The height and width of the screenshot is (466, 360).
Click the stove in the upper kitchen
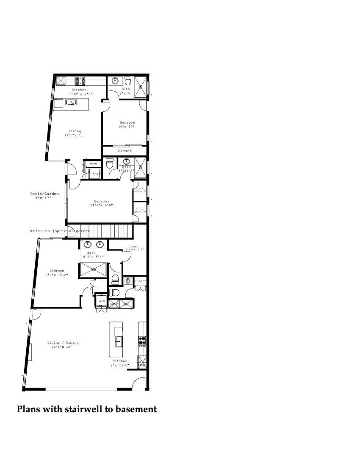(80, 80)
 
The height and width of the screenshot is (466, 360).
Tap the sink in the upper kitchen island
(71, 102)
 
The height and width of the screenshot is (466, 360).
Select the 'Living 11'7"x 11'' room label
(75, 133)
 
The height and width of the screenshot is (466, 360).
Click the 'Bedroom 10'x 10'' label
(127, 125)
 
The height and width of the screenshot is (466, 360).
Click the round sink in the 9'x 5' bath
(115, 80)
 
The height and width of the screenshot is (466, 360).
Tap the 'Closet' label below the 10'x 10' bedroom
(125, 151)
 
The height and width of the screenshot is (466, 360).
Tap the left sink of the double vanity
(88, 244)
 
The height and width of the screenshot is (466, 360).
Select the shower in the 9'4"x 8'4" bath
(93, 269)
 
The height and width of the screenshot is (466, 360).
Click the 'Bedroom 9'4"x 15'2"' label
(57, 273)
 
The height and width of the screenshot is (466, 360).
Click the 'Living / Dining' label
(63, 344)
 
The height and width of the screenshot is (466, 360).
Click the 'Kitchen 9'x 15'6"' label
(120, 363)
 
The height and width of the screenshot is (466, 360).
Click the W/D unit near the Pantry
(101, 301)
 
